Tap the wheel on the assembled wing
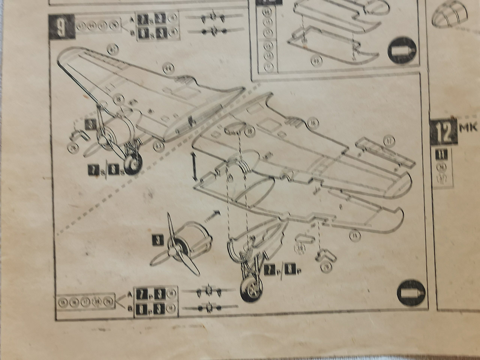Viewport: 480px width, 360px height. [x=132, y=164]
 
